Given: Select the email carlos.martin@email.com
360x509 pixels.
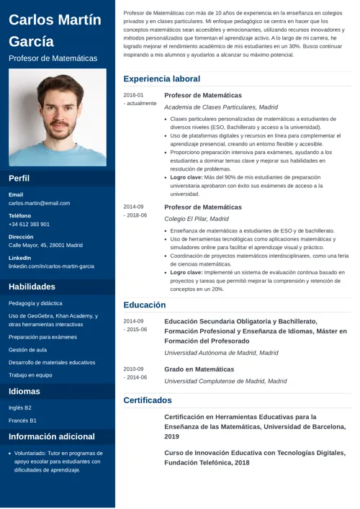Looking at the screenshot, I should (x=39, y=203).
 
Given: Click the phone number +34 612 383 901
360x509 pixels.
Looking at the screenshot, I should (x=29, y=224).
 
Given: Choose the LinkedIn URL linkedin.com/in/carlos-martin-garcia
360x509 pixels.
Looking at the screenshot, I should (x=51, y=266).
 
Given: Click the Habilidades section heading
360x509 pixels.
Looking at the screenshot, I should (x=32, y=287).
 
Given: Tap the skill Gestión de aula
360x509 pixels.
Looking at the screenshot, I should (x=27, y=349).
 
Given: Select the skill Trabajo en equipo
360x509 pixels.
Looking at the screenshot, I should (x=30, y=374).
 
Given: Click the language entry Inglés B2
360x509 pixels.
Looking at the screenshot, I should (x=20, y=407).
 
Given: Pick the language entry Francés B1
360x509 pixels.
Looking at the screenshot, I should (x=22, y=420).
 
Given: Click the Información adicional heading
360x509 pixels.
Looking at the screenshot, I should (x=52, y=436).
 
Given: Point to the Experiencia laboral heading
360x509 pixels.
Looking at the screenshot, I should (x=161, y=78).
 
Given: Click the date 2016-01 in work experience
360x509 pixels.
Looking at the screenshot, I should (x=133, y=95).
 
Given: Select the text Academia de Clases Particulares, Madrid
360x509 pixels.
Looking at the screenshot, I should (x=221, y=107).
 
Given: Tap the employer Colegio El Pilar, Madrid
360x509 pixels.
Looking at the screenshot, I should (x=197, y=218).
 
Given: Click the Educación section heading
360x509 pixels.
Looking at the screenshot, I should (x=145, y=305).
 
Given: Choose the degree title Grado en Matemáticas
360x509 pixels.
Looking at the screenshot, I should (x=199, y=369).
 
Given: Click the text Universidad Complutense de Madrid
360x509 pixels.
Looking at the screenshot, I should (x=225, y=381).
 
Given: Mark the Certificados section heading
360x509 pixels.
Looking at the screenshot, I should (x=148, y=400).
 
